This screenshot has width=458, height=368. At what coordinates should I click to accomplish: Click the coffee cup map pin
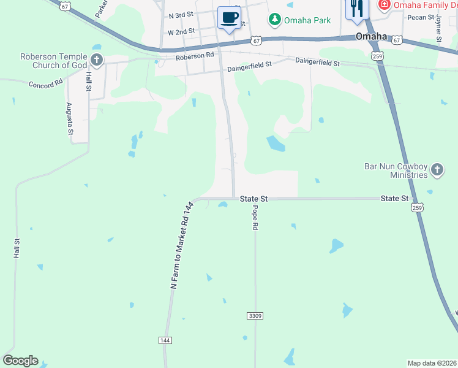(230, 18)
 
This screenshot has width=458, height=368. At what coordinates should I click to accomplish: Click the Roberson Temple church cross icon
(96, 59)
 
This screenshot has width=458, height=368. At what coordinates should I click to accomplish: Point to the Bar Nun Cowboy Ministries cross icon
(437, 169)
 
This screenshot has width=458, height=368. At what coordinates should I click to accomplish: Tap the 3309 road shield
(255, 315)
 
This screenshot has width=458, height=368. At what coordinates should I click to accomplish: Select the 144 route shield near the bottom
(165, 340)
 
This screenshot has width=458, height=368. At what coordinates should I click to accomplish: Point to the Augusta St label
(70, 119)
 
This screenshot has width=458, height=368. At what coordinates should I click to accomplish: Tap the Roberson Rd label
(195, 56)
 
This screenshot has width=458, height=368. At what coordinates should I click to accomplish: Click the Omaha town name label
(372, 36)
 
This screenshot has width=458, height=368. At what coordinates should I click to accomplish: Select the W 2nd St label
(181, 31)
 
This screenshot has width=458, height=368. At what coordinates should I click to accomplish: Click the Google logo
(20, 361)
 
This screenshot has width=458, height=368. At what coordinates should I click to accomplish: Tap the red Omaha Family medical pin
(385, 6)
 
